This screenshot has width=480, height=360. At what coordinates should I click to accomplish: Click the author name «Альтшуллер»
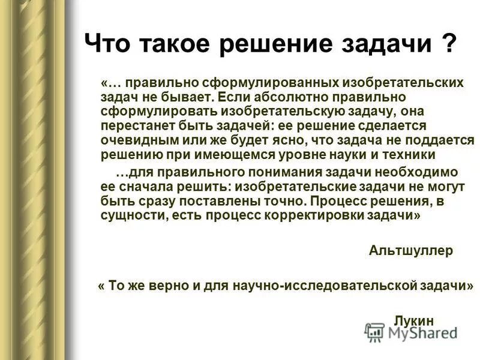(411, 251)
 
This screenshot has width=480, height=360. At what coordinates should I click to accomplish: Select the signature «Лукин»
(413, 320)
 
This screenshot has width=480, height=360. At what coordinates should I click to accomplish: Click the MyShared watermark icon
(374, 332)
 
